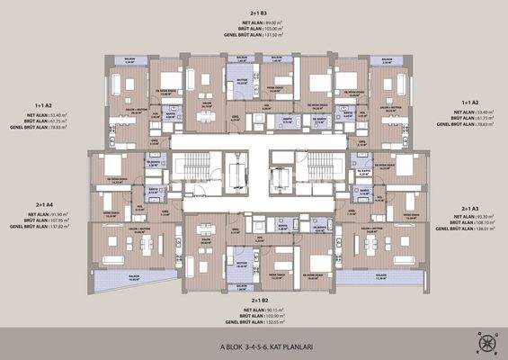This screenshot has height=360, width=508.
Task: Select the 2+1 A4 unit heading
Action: click(x=46, y=204)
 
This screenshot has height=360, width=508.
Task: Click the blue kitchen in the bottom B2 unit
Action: click(x=240, y=264)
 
